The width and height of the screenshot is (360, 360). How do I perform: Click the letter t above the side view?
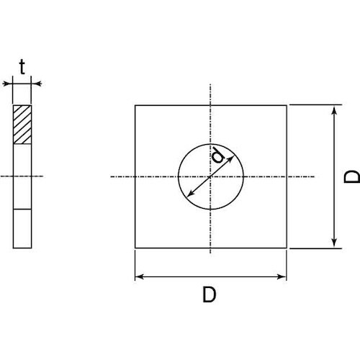point(22,68)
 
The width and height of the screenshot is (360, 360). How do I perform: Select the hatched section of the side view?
point(23,125)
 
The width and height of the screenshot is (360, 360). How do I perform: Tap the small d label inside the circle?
point(217,156)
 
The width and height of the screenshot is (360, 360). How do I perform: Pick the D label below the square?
point(210,295)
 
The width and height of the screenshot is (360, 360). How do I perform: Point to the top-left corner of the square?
point(135,105)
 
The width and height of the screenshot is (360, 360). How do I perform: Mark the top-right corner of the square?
point(287,105)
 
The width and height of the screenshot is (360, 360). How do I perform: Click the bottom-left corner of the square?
point(135,248)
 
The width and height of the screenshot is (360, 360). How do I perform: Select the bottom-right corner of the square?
point(287,248)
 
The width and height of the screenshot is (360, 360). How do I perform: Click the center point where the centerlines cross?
point(210,176)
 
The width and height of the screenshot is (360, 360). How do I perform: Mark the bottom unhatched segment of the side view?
point(23,228)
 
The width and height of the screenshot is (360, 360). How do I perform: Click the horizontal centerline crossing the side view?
point(23,176)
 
